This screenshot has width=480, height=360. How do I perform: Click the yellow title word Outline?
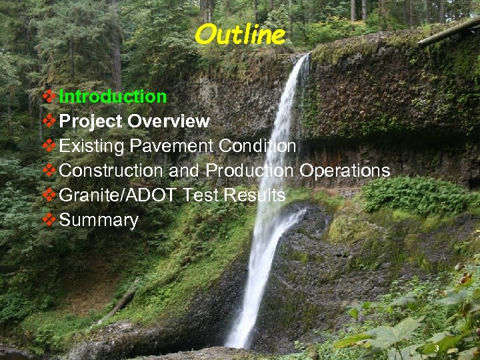pyautogui.click(x=240, y=34)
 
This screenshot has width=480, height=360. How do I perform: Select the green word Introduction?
pyautogui.click(x=113, y=97)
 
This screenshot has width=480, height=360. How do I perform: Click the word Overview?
pyautogui.click(x=169, y=121)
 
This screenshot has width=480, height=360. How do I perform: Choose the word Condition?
pyautogui.click(x=255, y=146)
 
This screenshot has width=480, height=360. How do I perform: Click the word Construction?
pyautogui.click(x=111, y=171)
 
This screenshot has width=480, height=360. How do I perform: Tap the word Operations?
pyautogui.click(x=345, y=171)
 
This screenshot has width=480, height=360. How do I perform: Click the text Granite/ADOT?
pyautogui.click(x=117, y=195)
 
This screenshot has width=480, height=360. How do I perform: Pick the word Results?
pyautogui.click(x=254, y=195)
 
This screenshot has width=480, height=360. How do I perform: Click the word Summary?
pyautogui.click(x=99, y=221)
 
